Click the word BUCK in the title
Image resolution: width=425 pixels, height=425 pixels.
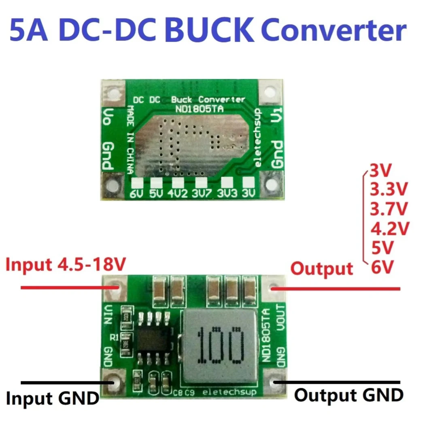click(209, 31)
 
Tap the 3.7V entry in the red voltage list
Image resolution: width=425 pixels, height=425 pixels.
click(389, 209)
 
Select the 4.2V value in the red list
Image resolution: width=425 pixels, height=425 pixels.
click(389, 228)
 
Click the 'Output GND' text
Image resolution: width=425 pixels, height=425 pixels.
click(348, 395)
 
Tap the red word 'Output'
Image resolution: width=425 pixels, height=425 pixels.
click(322, 268)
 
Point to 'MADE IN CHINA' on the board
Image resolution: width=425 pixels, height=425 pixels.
click(130, 139)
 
